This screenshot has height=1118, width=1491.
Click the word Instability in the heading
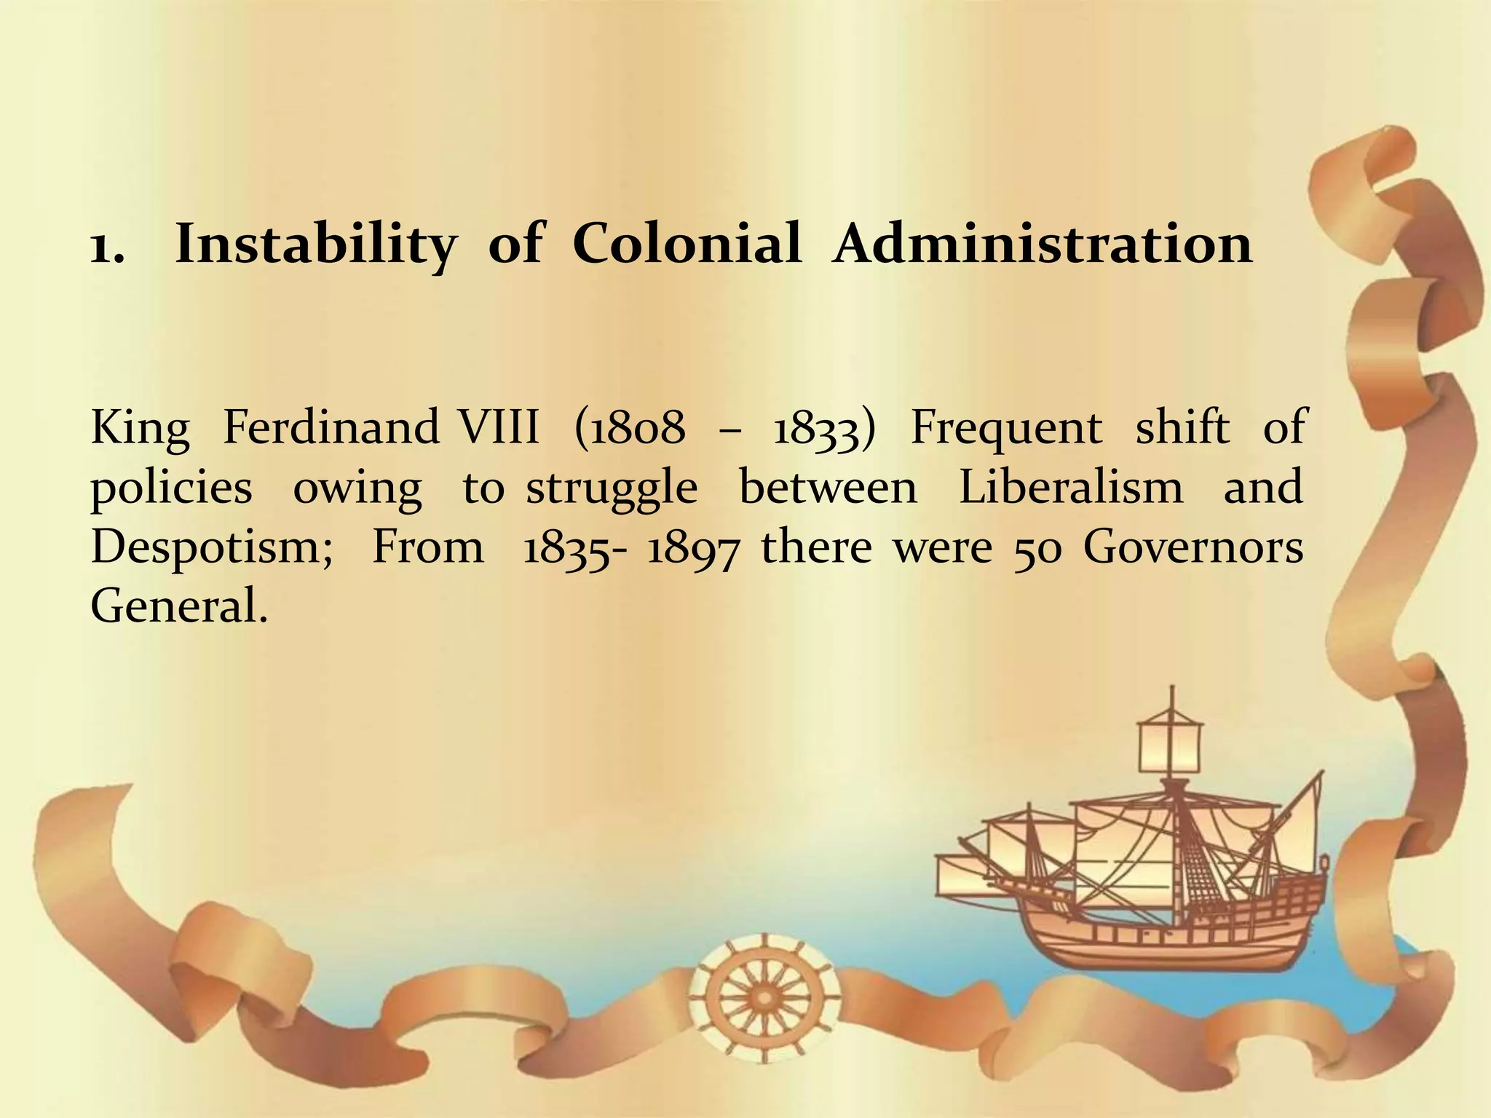click(316, 245)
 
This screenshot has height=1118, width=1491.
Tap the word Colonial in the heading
click(687, 243)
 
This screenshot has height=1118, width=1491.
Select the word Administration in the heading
click(1043, 243)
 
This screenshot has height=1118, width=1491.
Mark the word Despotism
click(211, 547)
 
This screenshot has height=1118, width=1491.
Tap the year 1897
click(693, 547)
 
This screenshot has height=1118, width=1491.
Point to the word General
click(179, 606)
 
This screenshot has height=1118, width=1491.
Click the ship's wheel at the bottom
click(764, 994)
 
